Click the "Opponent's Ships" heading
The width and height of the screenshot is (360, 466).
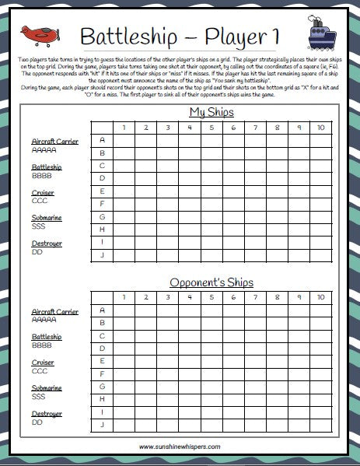point(212,282)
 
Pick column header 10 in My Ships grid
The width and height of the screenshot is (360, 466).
point(321,127)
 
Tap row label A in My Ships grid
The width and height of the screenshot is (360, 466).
point(102,140)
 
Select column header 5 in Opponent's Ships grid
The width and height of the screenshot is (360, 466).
point(211,297)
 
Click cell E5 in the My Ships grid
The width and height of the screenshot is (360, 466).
point(211,191)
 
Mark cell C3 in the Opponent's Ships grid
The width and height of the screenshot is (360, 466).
point(167,335)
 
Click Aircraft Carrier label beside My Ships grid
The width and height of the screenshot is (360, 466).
point(55,142)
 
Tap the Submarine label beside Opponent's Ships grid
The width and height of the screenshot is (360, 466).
point(47,387)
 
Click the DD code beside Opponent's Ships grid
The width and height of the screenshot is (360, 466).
point(37,422)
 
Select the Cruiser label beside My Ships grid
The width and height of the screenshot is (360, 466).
point(43,192)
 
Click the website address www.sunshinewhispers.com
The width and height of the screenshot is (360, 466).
point(180,447)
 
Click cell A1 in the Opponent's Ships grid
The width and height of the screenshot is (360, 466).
point(124,310)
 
